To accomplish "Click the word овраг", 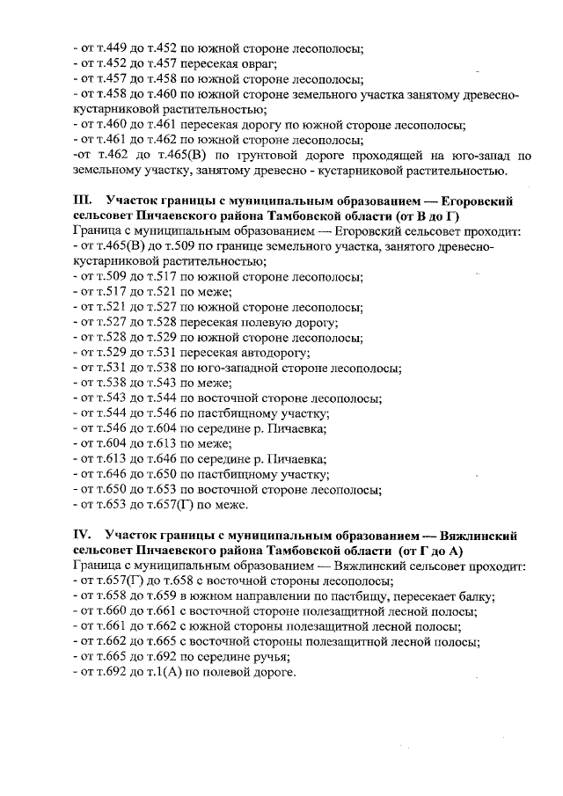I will tap(259, 64).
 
